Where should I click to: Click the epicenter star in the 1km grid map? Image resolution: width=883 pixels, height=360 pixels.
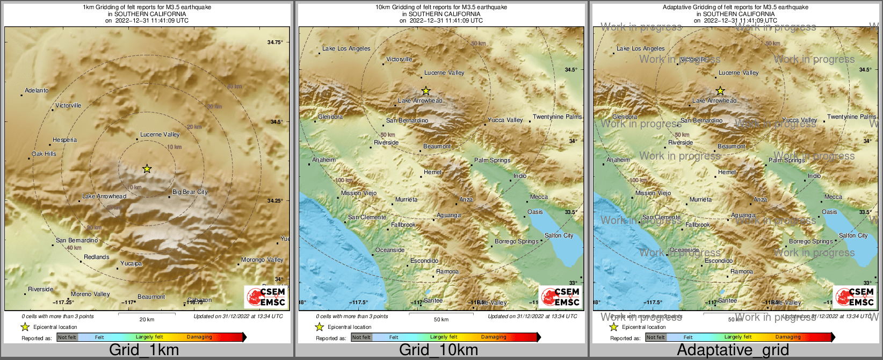pos(147,169)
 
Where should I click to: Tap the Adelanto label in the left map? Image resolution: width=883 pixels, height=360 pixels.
pos(37,90)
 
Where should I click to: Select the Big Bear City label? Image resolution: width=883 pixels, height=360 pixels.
pos(190,192)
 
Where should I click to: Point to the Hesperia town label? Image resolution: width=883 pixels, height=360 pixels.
pos(65,140)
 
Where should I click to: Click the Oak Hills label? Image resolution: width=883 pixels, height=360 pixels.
pos(44,154)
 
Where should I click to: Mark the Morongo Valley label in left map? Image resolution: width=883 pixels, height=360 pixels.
pos(262,260)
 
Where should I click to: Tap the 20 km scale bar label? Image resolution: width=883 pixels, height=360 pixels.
pos(147,319)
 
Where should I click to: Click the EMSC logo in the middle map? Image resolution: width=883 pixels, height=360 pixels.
pos(560,297)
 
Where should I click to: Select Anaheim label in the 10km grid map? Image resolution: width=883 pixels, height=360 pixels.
pos(324,160)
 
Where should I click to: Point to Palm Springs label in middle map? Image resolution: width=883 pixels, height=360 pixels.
pos(493,160)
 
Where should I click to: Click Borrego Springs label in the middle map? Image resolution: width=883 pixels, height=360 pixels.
pos(516,241)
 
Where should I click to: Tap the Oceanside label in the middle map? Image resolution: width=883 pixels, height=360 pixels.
pos(390,250)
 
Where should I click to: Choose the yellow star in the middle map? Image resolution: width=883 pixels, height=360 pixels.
pos(426,91)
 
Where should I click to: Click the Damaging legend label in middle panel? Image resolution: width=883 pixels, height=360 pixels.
pos(494,337)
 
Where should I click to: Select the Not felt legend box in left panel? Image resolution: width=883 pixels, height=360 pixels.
pos(67,337)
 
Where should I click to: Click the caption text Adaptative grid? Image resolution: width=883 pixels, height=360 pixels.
pos(733,350)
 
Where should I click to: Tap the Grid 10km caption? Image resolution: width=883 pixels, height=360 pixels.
pos(438,350)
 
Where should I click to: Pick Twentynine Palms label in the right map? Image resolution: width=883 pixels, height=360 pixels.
pos(851,117)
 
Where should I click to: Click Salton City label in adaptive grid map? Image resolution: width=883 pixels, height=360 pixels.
pos(853,235)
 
